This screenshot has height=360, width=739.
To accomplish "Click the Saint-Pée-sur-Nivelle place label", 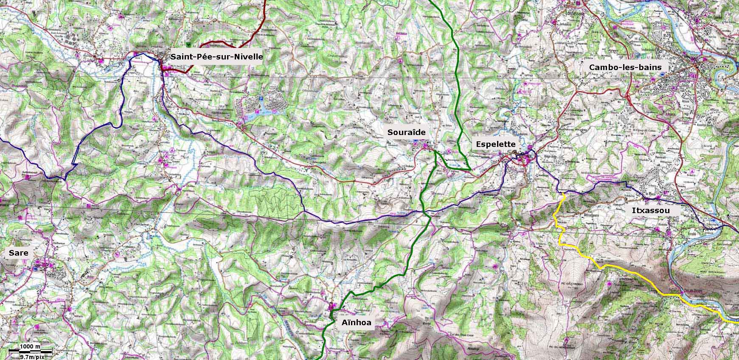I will click(x=216, y=57).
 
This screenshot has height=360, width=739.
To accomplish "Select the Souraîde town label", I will click(x=406, y=132).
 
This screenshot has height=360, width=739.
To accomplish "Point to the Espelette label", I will click(x=495, y=144).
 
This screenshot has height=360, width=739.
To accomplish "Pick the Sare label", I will click(x=18, y=253).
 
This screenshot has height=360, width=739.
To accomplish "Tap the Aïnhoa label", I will click(x=357, y=323).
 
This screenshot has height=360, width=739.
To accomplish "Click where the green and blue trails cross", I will click(x=424, y=212).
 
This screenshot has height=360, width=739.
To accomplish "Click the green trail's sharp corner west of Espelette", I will click(x=470, y=169).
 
